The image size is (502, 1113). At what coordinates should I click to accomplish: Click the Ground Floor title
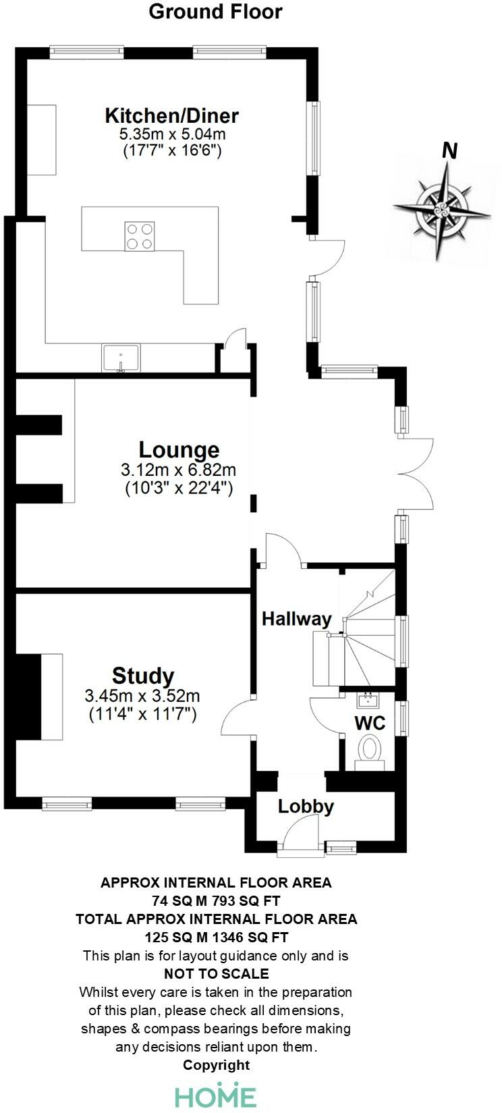click(x=215, y=11)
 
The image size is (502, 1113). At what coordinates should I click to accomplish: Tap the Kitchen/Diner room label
click(x=171, y=115)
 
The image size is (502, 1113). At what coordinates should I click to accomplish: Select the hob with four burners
click(x=139, y=236)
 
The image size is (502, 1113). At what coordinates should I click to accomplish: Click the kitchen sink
click(x=121, y=358)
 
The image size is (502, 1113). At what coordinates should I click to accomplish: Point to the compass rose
click(x=443, y=206)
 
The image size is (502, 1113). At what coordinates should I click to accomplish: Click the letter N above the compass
click(x=449, y=151)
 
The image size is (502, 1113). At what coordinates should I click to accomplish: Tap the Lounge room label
click(x=179, y=450)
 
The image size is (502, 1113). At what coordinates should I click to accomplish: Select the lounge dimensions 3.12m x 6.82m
click(x=179, y=470)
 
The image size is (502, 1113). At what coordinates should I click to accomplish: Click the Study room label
click(x=143, y=676)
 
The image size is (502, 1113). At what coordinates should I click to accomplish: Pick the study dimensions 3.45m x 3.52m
click(x=142, y=696)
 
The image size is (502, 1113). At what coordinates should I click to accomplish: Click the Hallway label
click(x=297, y=618)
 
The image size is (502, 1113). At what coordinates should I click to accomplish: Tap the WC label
click(x=370, y=723)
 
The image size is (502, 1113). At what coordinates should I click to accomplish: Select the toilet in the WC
click(x=369, y=751)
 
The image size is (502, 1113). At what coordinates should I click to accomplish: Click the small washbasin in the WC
click(x=368, y=698)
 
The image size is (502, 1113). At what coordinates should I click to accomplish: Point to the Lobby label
click(x=306, y=806)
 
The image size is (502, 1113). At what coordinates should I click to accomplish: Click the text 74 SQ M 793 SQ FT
click(x=216, y=900)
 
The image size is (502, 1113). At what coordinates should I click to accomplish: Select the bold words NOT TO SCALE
click(x=216, y=973)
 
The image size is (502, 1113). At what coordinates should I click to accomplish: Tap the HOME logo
click(x=216, y=1096)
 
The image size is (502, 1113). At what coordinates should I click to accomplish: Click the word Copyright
click(x=216, y=1065)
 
